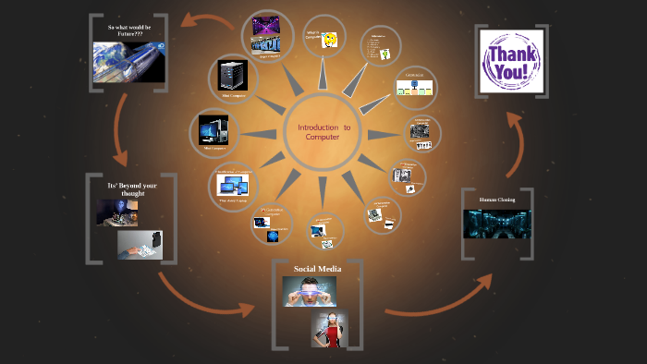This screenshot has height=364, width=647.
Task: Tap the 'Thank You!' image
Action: pos(511,59)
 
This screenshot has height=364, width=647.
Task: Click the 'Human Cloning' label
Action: pos(497,200)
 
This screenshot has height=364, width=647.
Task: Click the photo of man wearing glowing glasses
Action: pos(309,291)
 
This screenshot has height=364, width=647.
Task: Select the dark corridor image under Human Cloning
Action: pos(497,223)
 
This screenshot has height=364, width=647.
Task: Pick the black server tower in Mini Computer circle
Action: pos(231,74)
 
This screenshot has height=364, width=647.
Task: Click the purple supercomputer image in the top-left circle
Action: pos(268,34)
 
